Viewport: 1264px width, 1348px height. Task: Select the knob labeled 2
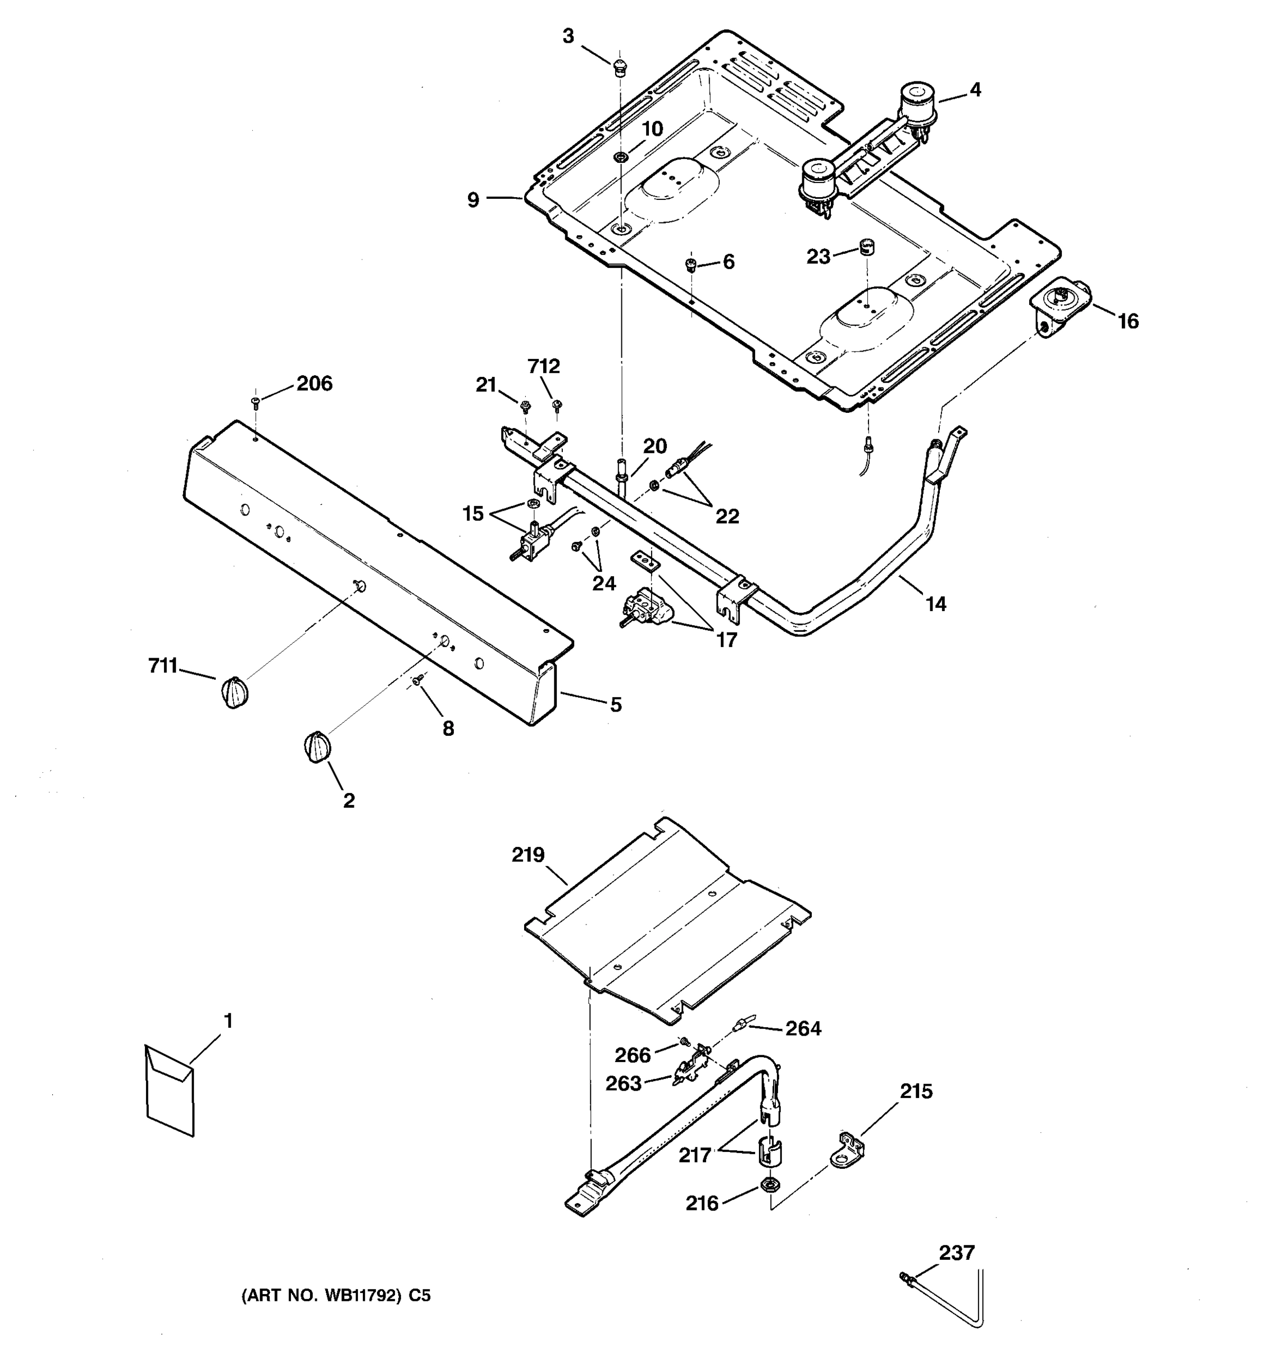coord(317,746)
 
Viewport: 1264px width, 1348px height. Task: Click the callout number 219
coord(528,855)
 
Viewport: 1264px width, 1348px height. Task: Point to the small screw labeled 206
coord(256,403)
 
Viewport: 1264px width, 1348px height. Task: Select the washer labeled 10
coord(620,157)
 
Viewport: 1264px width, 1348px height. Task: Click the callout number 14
coord(936,603)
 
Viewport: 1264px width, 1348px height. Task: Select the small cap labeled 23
coord(866,245)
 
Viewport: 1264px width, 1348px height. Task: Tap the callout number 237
coord(956,1253)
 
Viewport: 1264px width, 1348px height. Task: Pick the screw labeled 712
coord(557,406)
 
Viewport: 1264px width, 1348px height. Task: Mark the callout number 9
coord(472,200)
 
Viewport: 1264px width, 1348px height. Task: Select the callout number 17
coord(726,639)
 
